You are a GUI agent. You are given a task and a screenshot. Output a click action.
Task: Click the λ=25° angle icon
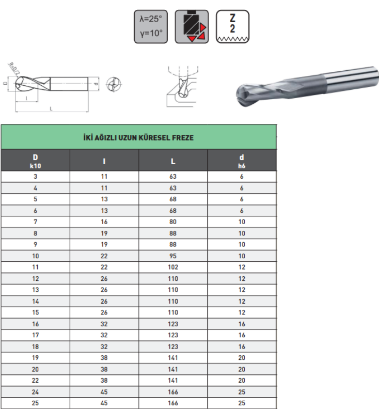point(151,27)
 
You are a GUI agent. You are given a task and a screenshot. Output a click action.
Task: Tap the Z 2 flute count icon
point(232,27)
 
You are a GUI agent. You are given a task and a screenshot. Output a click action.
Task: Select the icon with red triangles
point(192,27)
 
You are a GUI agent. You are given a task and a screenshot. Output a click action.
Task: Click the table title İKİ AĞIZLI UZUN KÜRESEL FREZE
point(138,138)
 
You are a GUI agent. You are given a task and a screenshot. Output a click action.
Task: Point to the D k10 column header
point(36,161)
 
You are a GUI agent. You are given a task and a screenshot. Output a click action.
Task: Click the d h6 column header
point(242,161)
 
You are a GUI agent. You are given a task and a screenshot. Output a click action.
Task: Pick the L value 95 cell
point(173,256)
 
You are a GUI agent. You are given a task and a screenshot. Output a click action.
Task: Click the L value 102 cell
point(173,267)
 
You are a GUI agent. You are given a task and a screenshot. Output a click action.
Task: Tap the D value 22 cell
point(36,380)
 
